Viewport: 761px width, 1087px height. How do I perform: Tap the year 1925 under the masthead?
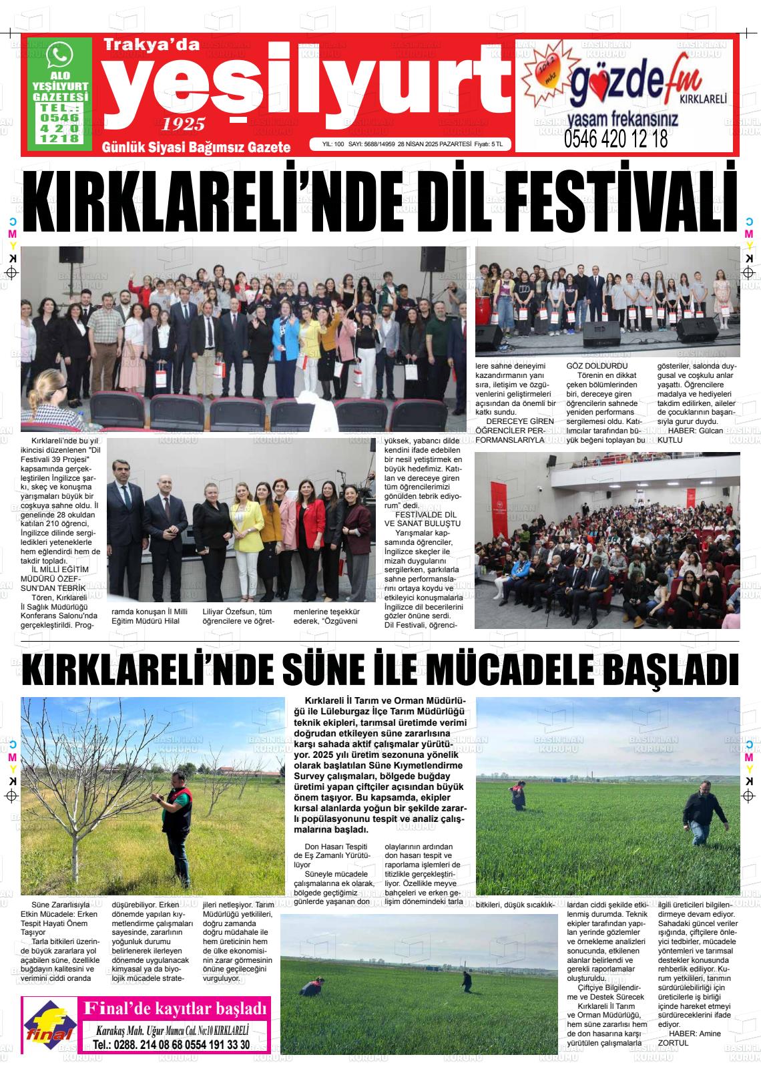183,124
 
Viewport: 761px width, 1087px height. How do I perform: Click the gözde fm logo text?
633,81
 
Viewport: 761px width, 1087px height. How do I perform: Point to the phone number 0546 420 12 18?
615,140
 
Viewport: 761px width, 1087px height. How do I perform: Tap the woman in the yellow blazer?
248,527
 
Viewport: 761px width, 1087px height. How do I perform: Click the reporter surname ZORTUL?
673,1042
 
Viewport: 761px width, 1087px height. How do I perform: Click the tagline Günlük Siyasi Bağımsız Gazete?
196,147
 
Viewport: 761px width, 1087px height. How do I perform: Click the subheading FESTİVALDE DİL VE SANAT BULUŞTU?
423,519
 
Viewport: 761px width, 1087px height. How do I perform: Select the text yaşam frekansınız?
622,120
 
